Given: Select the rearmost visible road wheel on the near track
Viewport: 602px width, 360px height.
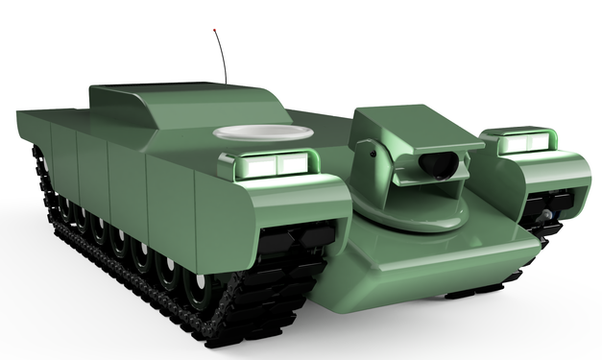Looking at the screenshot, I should click(60, 207).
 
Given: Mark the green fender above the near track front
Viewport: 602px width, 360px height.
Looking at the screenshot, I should click(288, 206).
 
